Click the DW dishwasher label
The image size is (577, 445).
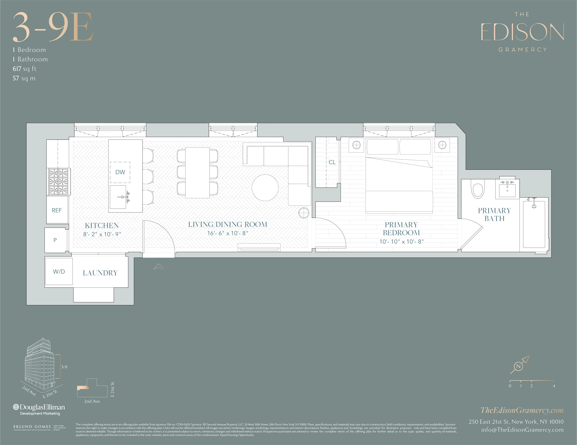[120, 172]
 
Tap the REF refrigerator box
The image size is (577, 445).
[57, 210]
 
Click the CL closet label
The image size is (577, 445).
[332, 162]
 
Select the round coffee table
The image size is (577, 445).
[265, 188]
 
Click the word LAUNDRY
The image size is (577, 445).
[100, 273]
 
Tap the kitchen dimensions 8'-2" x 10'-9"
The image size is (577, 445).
[102, 234]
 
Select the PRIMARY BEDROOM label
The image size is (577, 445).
[401, 229]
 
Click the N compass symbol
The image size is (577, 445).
[518, 366]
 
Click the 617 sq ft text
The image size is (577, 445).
[24, 69]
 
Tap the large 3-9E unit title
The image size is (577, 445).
[53, 27]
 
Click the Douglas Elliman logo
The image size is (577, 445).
[39, 407]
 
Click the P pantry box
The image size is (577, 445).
[55, 240]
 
